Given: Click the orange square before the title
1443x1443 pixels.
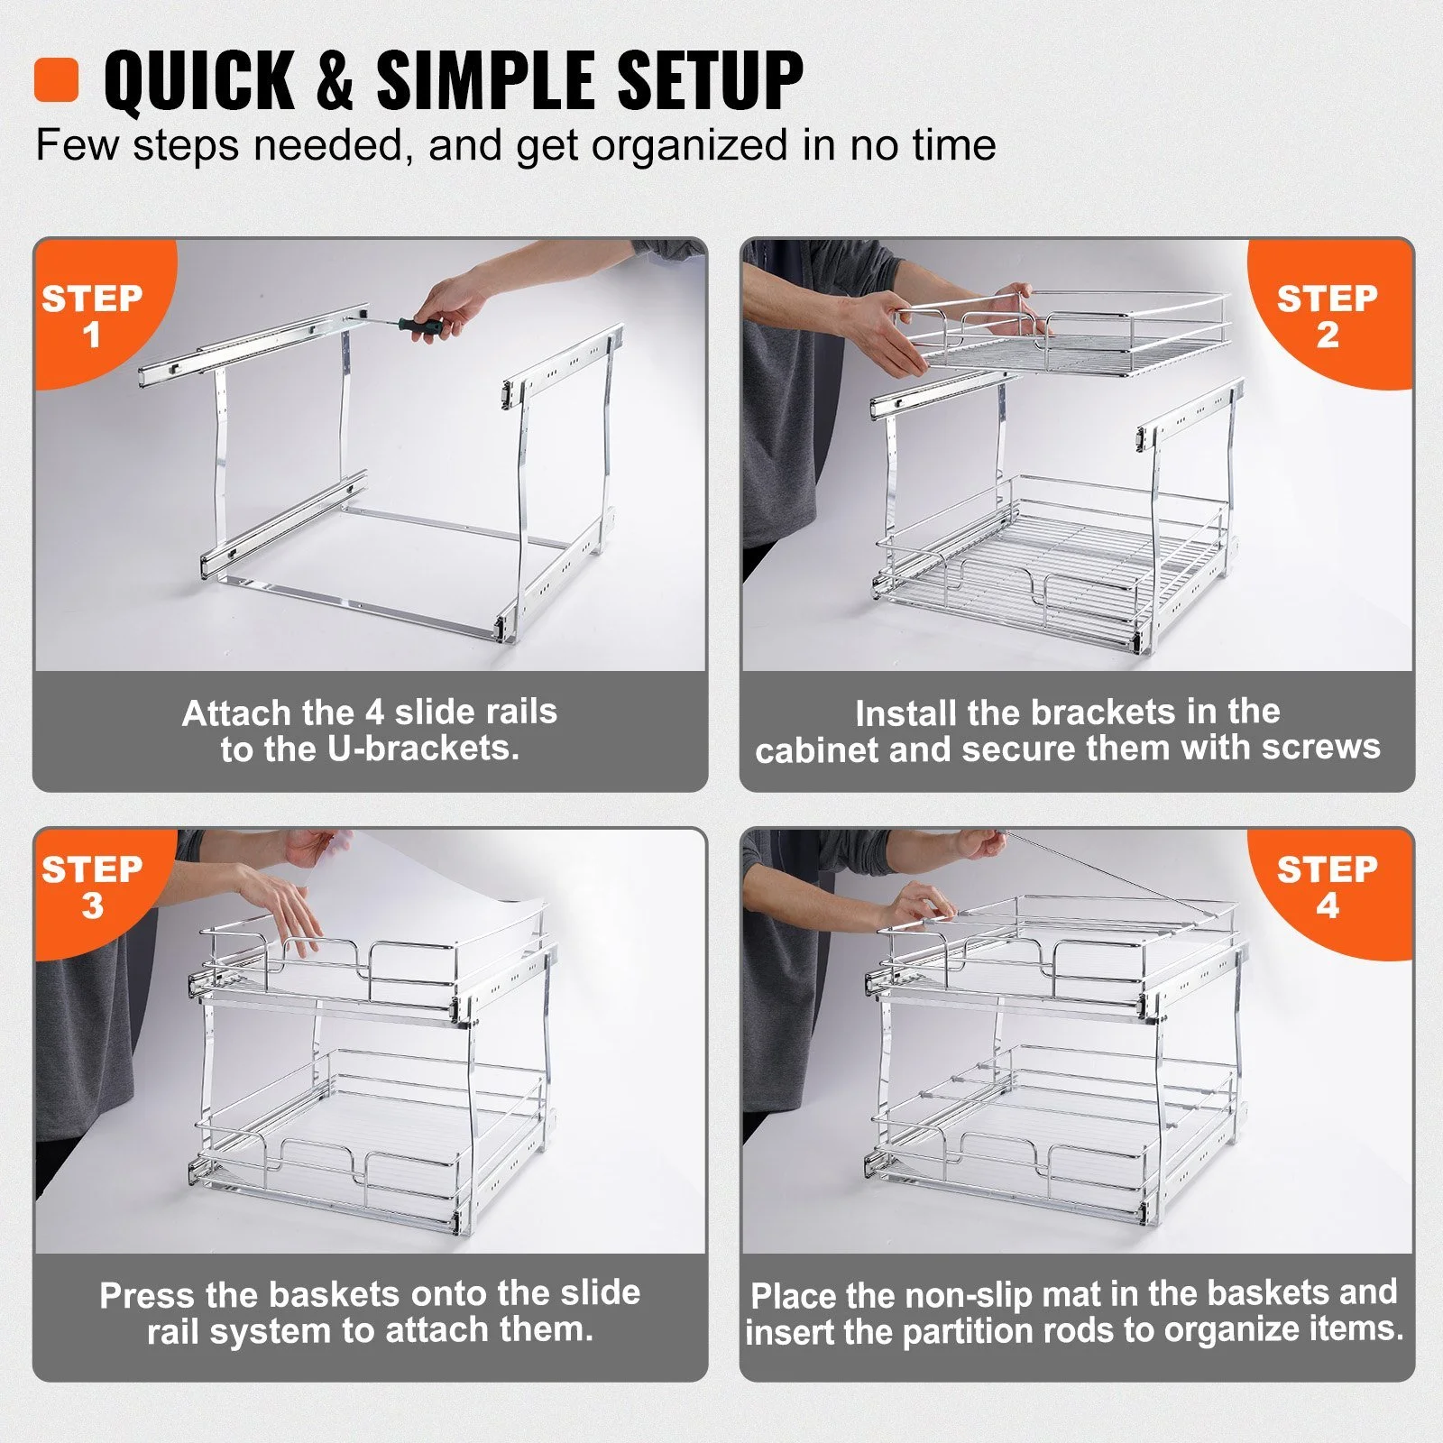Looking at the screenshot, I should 57,80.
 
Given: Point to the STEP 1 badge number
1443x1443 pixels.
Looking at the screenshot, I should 91,335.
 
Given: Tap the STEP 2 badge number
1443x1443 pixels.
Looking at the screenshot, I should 1327,335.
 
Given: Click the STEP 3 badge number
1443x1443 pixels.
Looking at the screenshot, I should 92,906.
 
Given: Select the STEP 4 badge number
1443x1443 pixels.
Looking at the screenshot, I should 1327,906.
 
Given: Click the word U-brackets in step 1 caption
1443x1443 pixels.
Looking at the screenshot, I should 424,749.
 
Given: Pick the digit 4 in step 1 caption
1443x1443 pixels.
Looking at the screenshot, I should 374,712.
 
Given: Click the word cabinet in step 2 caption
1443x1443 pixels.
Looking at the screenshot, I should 818,749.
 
